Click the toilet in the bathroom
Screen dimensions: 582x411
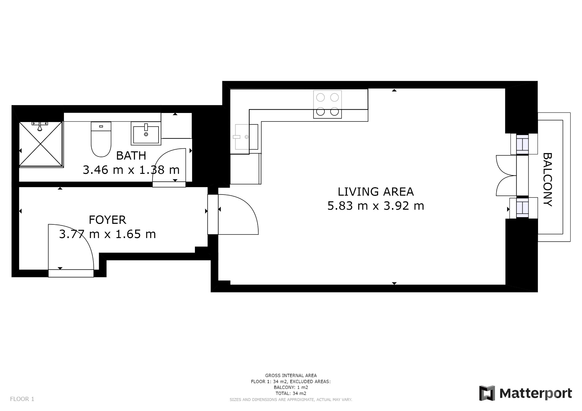[x=101, y=139]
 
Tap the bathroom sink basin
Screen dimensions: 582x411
[x=146, y=133]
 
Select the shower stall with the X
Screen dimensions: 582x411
[x=41, y=144]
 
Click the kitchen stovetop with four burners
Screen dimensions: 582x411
[x=327, y=104]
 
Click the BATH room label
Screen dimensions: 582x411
[x=131, y=156]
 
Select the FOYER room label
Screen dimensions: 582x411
[x=107, y=220]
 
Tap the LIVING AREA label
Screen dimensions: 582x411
[x=376, y=192]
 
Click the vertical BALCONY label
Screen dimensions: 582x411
[x=547, y=180]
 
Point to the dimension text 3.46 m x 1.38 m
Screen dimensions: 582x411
[x=131, y=170]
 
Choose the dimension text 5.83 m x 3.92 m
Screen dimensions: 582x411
[x=376, y=206]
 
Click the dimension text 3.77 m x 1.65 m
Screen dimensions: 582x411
[x=107, y=234]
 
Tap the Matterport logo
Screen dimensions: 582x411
[x=525, y=393]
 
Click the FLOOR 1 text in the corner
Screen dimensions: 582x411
[x=22, y=399]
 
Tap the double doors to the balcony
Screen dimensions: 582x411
[x=506, y=175]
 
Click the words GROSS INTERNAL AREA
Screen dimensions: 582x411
[x=291, y=376]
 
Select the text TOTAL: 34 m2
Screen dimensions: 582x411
[x=291, y=393]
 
